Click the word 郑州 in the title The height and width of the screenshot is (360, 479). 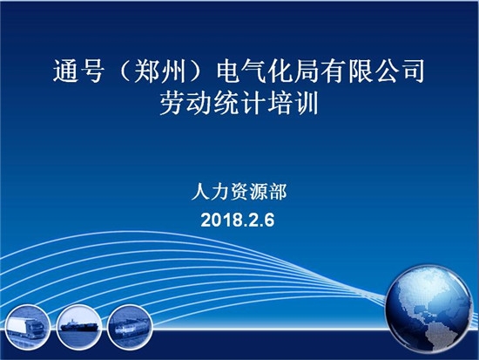160,71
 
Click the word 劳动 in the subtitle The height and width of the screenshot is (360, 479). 186,104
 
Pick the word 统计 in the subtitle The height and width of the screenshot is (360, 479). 239,104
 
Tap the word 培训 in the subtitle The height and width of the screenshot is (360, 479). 293,104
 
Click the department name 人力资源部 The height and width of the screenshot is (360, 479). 239,192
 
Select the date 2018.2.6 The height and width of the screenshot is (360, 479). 238,220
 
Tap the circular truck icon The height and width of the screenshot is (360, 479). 27,327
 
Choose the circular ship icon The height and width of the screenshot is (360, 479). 78,327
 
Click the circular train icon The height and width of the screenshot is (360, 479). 130,327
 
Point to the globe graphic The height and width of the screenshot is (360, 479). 428,309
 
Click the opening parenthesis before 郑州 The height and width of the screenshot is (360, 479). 125,71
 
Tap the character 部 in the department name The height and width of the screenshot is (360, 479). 278,192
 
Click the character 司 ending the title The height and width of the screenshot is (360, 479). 412,71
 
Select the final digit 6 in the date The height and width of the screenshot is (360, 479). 270,220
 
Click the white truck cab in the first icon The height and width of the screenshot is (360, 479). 36,329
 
